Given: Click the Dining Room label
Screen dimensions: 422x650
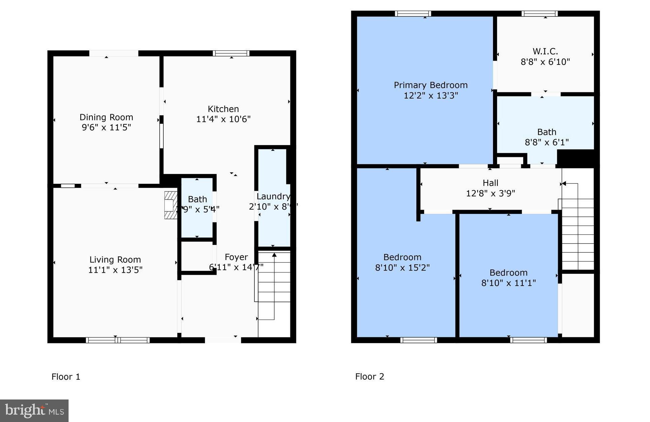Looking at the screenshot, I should (x=106, y=117).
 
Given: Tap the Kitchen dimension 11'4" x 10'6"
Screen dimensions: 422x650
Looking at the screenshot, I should (x=223, y=119).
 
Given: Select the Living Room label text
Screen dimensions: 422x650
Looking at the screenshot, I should (x=115, y=260).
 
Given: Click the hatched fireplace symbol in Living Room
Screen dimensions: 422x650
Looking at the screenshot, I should (x=170, y=205).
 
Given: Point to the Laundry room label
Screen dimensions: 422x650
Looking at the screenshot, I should (x=273, y=197).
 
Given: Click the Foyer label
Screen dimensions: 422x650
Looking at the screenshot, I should (x=236, y=257).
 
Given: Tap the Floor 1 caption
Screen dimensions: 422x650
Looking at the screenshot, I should (x=66, y=377).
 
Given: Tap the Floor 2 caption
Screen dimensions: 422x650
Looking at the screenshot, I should (x=369, y=377).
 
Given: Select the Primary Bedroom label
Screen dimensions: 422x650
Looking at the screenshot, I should (x=431, y=85).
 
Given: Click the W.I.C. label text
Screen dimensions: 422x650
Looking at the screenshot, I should (x=545, y=52).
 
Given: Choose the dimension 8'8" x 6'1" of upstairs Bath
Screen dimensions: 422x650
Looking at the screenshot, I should (x=546, y=142).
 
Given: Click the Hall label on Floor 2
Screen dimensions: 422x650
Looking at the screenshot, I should (x=490, y=183).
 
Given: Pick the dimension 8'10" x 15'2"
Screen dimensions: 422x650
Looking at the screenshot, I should (x=402, y=268).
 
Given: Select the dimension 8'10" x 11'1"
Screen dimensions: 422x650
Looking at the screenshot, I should (x=508, y=283).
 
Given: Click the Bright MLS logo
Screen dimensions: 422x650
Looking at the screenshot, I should (x=34, y=411).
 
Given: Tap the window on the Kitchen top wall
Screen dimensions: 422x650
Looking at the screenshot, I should (x=231, y=53).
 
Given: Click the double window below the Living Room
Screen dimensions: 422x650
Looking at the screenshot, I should (x=118, y=340).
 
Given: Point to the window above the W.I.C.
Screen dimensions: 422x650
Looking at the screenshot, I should (x=539, y=14).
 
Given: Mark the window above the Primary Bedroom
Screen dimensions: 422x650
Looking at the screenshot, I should (x=413, y=14).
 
